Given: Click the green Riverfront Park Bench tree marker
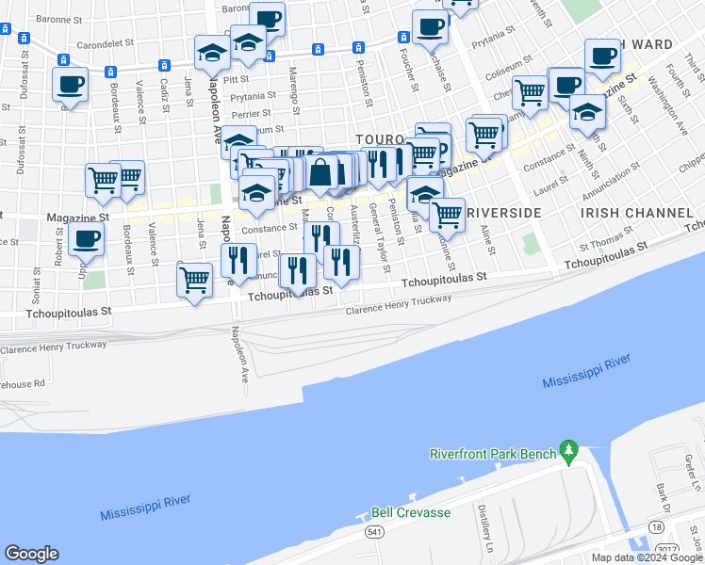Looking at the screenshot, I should click(x=567, y=452).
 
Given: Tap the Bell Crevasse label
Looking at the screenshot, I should click(x=410, y=512).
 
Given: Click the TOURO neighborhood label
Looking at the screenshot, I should click(x=380, y=138).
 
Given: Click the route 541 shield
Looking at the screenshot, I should click(x=373, y=531).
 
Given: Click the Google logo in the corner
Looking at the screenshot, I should click(x=32, y=553).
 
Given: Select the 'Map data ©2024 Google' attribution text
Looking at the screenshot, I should click(x=647, y=557).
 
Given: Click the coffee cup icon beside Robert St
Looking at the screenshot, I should click(x=87, y=242).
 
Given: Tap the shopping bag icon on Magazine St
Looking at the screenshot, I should click(x=320, y=172).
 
